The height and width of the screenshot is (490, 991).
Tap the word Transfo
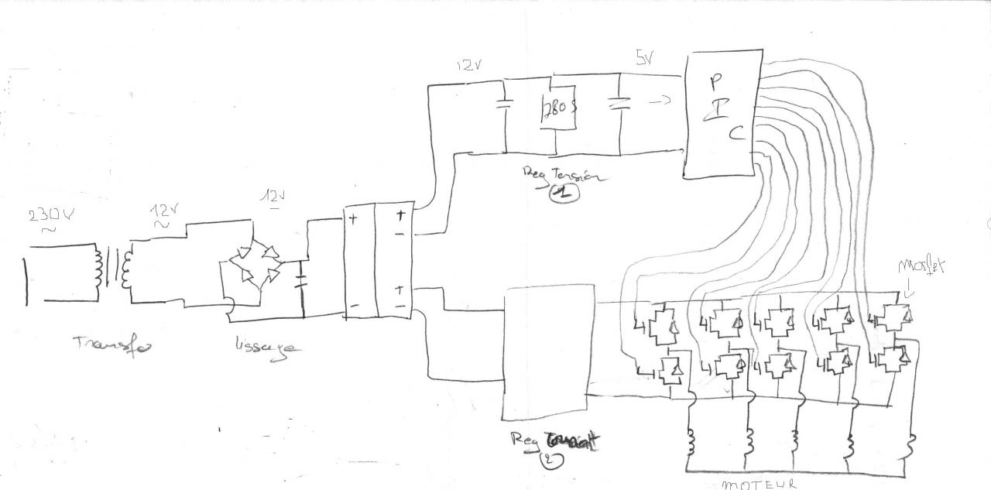[113, 344]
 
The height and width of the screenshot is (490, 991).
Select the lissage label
[264, 347]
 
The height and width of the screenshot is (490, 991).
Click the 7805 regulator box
[556, 108]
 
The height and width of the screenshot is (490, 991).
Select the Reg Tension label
[565, 174]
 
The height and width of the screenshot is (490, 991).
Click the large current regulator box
[548, 351]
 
